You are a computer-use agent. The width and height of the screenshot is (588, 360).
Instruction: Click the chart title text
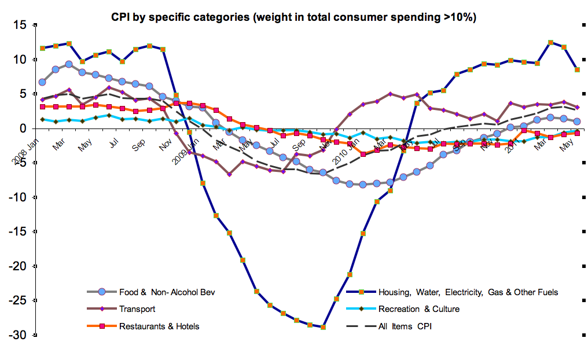pyautogui.click(x=294, y=17)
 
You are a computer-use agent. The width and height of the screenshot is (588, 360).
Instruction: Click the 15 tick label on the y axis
pyautogui.click(x=21, y=25)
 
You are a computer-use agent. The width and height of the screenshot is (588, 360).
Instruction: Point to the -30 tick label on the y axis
pyautogui.click(x=17, y=335)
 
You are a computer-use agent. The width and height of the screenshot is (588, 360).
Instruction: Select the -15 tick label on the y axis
pyautogui.click(x=17, y=232)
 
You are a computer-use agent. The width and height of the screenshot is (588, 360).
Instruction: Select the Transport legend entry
pyautogui.click(x=137, y=309)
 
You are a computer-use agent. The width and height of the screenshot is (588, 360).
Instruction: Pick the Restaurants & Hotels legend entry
pyautogui.click(x=159, y=326)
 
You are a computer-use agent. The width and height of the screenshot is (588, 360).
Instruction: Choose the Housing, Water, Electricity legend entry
pyautogui.click(x=468, y=292)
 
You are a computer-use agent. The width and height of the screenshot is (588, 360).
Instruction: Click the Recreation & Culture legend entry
pyautogui.click(x=418, y=309)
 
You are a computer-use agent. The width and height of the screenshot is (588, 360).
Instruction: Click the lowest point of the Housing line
pyautogui.click(x=323, y=327)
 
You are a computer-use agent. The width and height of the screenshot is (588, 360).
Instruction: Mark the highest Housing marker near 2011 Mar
pyautogui.click(x=551, y=42)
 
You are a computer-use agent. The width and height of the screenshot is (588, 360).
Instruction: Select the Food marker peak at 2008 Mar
pyautogui.click(x=69, y=64)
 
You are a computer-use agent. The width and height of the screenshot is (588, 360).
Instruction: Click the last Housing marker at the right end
pyautogui.click(x=577, y=69)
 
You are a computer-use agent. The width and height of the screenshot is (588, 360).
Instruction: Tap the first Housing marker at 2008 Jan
pyautogui.click(x=42, y=48)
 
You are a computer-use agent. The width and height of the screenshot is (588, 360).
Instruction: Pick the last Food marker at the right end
pyautogui.click(x=577, y=122)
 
